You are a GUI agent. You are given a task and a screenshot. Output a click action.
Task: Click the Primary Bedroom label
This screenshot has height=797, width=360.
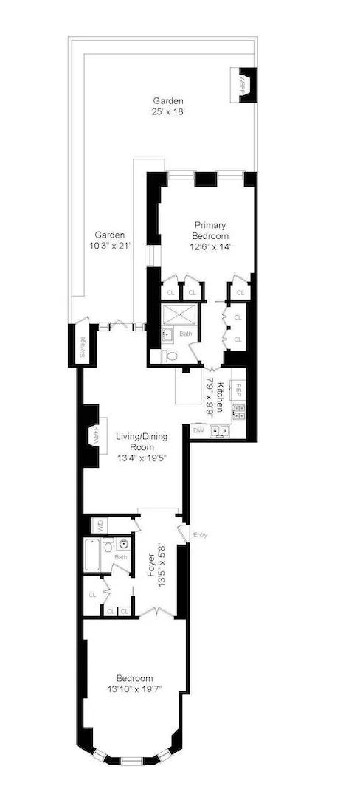click(210, 230)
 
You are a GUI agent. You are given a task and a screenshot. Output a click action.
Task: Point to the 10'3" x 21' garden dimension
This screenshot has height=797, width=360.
click(108, 246)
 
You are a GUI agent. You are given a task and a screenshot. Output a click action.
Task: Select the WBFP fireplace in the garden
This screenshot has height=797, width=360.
click(243, 81)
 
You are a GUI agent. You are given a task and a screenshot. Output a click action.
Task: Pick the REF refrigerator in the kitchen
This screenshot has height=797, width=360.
click(238, 388)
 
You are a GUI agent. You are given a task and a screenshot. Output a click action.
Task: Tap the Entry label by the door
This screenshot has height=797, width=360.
click(200, 535)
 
